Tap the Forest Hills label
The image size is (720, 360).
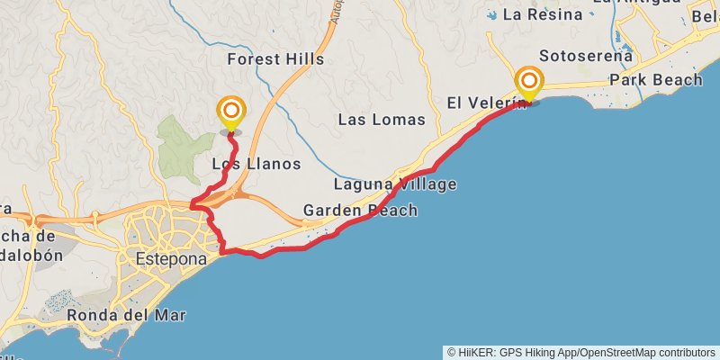coord(275,59)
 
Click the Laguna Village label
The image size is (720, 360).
coord(395,184)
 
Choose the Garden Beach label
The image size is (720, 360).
coord(360,211)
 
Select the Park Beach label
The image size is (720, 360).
coord(655,80)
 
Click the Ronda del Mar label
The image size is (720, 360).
coord(126,315)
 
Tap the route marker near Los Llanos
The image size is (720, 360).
coord(231,112)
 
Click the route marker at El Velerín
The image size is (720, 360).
coord(529,83)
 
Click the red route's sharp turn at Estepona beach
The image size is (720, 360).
coord(222,251)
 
